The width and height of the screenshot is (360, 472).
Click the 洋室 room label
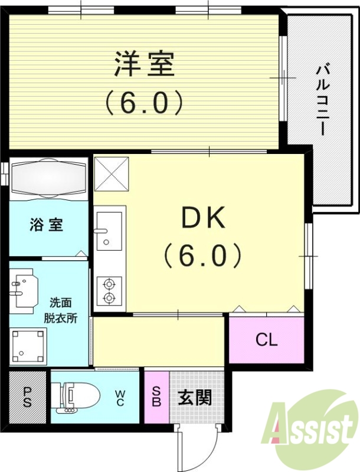(x=144, y=64)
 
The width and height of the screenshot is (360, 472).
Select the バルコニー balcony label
(x=322, y=100)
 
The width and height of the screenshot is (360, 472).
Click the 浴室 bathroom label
(x=47, y=225)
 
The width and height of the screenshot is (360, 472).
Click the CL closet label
(x=266, y=340)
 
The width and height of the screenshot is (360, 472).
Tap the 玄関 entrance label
(x=194, y=398)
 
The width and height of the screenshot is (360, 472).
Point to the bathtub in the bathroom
(x=50, y=179)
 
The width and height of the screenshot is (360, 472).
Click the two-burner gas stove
(x=109, y=290)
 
